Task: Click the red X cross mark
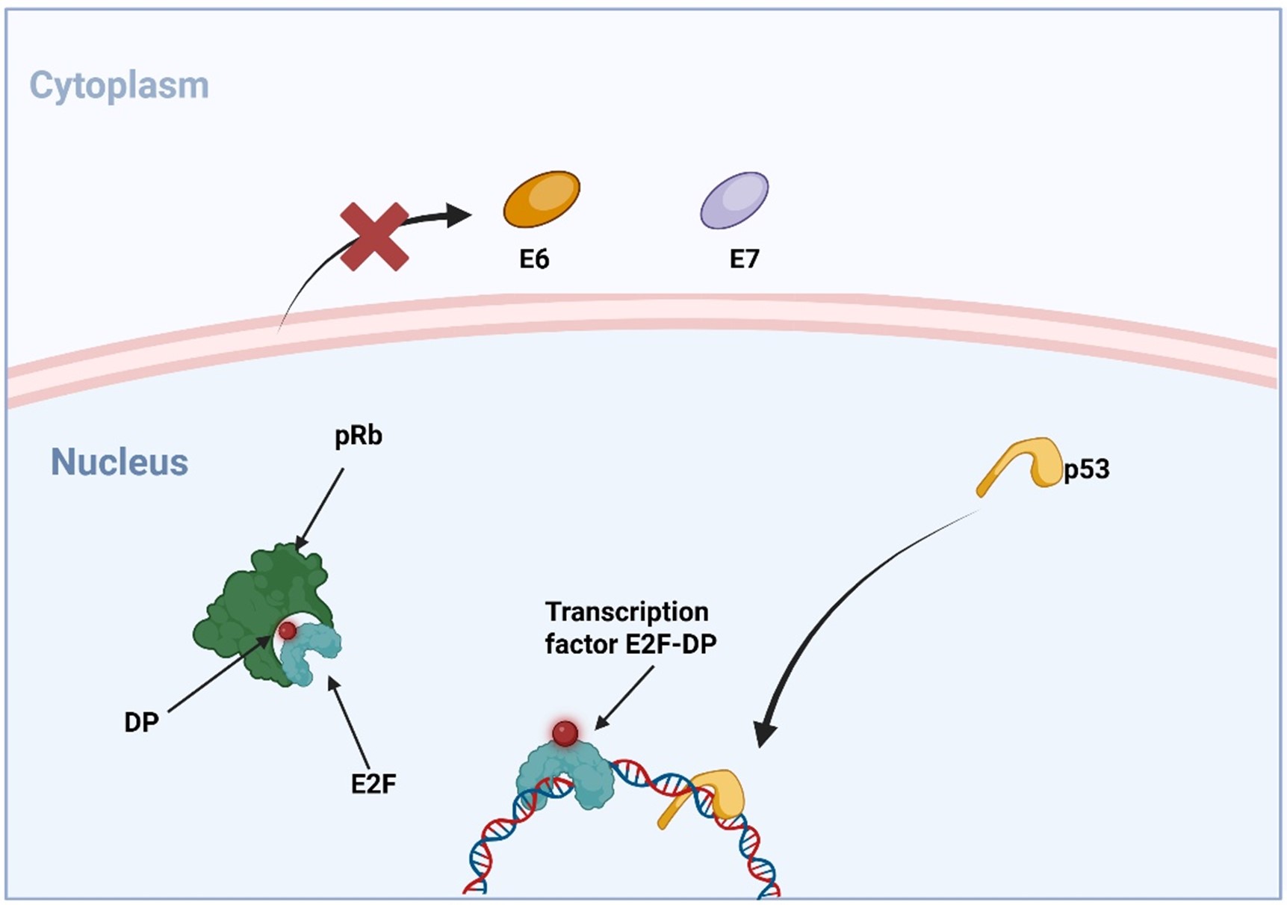tap(374, 236)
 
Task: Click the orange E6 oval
tap(542, 199)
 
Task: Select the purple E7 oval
tap(734, 200)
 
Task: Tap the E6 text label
tap(534, 259)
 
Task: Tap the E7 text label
tap(744, 259)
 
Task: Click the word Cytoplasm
tap(119, 86)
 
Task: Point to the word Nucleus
tap(120, 462)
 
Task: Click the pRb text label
tap(359, 436)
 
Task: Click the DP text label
tap(141, 723)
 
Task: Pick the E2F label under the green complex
tap(373, 784)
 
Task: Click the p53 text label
tap(1087, 469)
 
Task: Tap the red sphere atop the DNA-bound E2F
tap(565, 733)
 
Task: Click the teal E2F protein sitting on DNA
tap(564, 777)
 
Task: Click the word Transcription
tap(627, 612)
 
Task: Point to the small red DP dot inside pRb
tap(288, 631)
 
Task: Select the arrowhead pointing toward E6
tap(459, 215)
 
